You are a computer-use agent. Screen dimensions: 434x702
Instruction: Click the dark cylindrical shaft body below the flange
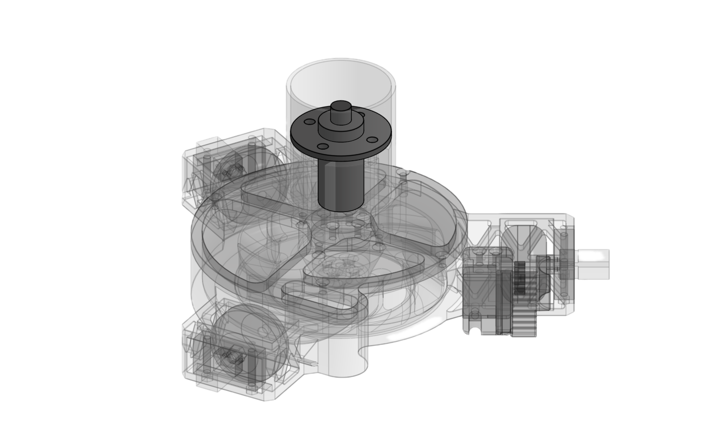click(x=340, y=183)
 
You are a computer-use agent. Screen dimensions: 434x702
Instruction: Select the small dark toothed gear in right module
click(x=521, y=278)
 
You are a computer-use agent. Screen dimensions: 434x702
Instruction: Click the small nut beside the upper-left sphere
click(x=230, y=171)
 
